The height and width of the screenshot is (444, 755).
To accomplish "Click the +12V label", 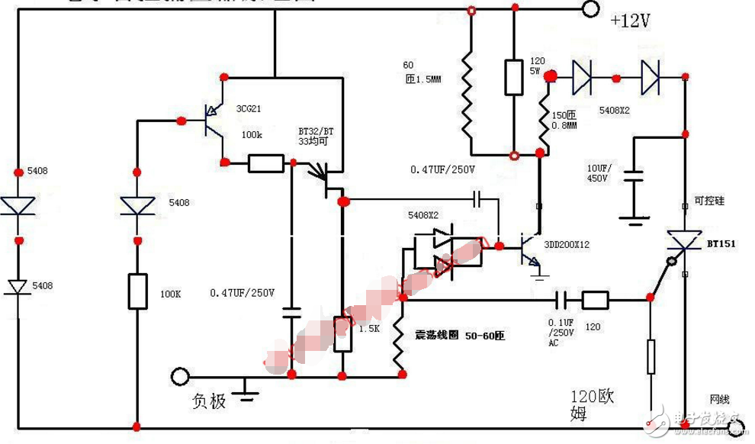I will point(630,21).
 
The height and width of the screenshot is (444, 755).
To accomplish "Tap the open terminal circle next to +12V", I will point(590,10).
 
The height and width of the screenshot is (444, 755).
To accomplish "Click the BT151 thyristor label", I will point(721,243).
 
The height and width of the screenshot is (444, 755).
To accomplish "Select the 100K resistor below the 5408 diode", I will point(137,291).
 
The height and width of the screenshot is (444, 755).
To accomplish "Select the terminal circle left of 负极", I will point(180,376).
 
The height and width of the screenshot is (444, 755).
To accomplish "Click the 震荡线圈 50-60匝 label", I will point(460,336).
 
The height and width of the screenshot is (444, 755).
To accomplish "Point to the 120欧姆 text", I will point(592,405).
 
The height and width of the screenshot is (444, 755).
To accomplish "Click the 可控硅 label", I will point(710,201).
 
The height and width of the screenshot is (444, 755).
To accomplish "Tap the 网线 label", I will point(720,399).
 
